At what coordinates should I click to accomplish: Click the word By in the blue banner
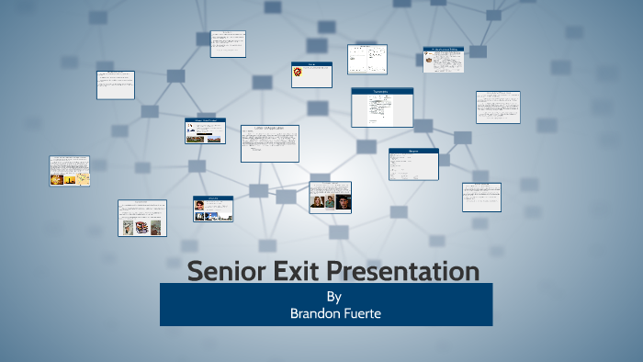(333, 297)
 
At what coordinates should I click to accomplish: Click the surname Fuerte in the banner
(361, 312)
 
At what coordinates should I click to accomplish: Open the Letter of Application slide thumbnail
(269, 143)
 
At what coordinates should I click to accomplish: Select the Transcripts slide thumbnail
(381, 107)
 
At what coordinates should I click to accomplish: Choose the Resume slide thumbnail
(413, 164)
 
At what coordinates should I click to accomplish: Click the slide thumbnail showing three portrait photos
(330, 197)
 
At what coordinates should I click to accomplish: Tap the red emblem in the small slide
(298, 72)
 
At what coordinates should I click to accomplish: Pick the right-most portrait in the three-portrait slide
(344, 202)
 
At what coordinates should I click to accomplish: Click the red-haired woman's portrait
(317, 202)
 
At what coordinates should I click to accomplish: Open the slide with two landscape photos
(205, 130)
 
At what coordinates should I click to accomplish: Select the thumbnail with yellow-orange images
(69, 171)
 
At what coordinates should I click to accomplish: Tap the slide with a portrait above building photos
(212, 209)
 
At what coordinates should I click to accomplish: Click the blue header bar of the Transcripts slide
(381, 91)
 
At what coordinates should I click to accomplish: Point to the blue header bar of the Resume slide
(413, 151)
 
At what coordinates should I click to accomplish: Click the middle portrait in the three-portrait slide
(330, 202)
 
